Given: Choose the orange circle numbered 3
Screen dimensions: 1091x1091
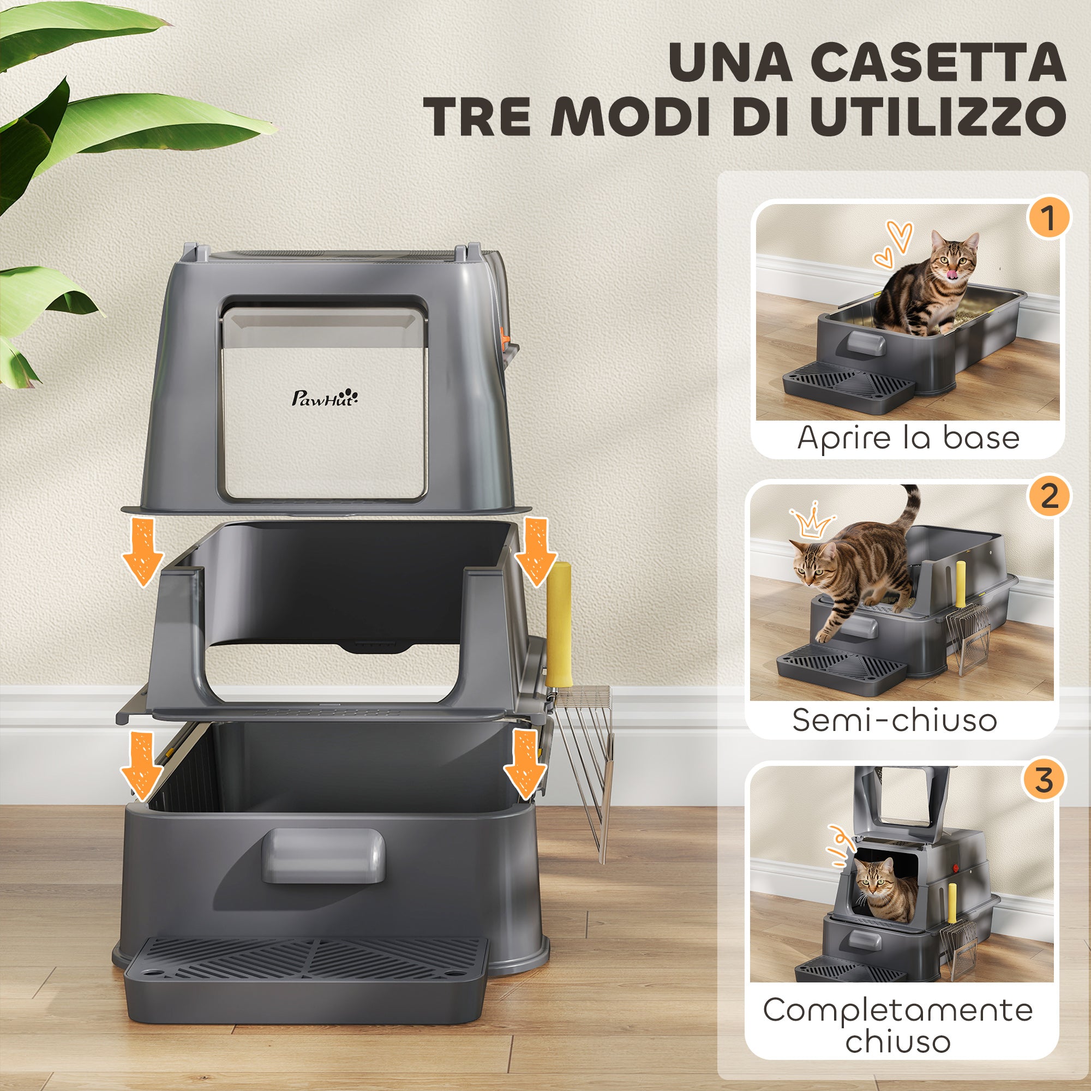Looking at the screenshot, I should [1044, 780].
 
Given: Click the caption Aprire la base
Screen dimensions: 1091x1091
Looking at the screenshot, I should [908, 438].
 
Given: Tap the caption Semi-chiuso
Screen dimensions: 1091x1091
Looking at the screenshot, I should [895, 720].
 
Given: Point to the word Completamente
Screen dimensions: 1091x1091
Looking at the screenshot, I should [898, 1010].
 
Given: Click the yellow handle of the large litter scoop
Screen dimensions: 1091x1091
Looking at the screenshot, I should [558, 621].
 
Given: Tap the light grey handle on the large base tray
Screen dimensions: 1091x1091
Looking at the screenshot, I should [322, 855].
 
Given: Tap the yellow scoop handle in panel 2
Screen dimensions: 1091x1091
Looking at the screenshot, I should [960, 590].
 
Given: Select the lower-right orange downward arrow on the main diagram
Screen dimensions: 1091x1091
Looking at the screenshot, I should [525, 765].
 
